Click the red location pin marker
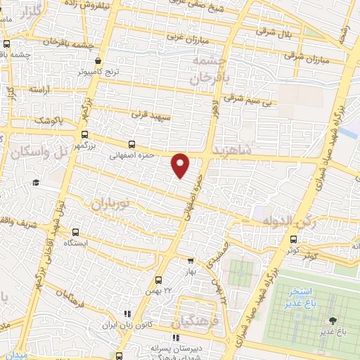click(x=181, y=165)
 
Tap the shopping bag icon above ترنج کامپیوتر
click(x=98, y=61)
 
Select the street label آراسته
click(x=40, y=91)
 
